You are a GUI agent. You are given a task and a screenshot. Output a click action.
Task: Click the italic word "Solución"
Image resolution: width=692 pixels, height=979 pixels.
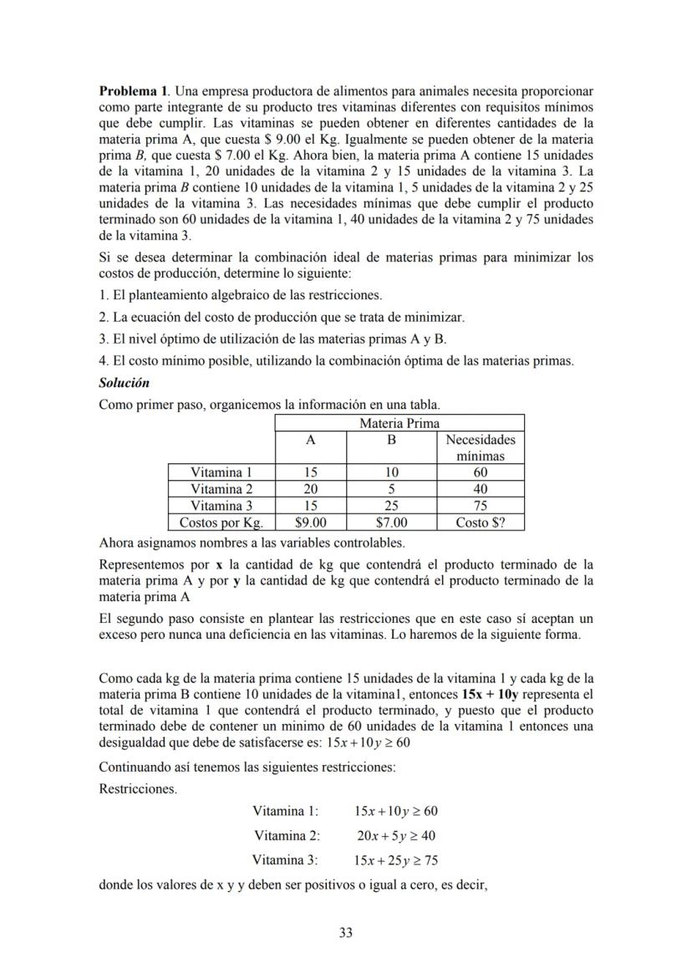click(124, 383)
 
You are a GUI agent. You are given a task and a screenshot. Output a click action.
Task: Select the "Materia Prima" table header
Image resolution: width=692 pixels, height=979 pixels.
click(399, 423)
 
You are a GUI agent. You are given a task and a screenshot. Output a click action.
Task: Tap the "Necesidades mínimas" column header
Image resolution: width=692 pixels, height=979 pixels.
click(480, 447)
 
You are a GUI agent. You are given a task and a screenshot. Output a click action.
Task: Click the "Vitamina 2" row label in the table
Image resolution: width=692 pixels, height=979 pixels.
click(221, 489)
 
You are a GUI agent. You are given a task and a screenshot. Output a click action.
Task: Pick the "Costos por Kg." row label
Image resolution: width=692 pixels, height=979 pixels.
click(221, 523)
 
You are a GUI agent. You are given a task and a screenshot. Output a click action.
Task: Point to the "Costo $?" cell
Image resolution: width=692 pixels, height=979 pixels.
click(480, 523)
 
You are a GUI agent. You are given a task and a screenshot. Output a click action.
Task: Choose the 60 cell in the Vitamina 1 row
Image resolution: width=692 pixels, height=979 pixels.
click(480, 472)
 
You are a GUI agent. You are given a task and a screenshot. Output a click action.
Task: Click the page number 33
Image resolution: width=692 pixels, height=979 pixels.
click(345, 933)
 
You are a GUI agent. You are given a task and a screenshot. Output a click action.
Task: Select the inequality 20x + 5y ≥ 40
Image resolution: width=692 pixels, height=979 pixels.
click(395, 835)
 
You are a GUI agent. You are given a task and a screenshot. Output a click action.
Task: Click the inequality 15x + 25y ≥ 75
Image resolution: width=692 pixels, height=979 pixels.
click(395, 859)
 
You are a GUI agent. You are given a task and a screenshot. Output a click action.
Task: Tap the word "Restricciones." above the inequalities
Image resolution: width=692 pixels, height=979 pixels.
click(137, 788)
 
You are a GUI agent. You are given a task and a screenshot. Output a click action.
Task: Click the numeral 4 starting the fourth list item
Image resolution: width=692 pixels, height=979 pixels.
click(102, 361)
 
